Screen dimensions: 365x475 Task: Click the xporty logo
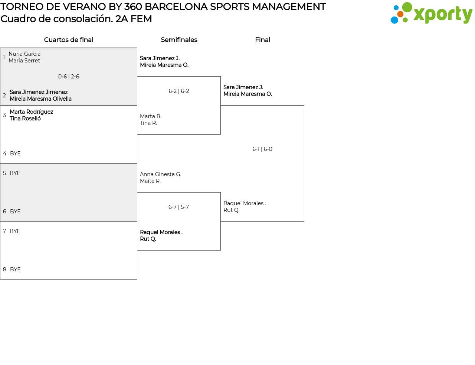click(x=431, y=13)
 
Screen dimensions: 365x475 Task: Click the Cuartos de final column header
click(x=69, y=40)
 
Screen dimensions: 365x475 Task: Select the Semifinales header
click(x=179, y=40)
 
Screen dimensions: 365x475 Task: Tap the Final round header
click(x=262, y=40)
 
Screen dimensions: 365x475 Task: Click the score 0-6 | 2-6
click(x=69, y=77)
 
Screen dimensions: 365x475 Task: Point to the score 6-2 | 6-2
click(x=179, y=91)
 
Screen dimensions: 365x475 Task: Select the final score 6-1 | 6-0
click(x=262, y=149)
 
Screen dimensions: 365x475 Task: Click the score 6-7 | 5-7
click(x=179, y=207)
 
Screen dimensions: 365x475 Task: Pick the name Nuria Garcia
click(x=24, y=54)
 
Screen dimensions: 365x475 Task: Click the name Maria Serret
click(x=24, y=61)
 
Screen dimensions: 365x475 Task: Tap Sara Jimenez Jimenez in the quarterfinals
click(x=39, y=92)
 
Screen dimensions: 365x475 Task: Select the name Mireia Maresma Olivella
click(x=40, y=99)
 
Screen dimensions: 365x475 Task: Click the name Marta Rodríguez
click(x=31, y=112)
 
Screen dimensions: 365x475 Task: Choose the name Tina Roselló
click(x=25, y=119)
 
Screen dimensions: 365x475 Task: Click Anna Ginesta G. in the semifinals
click(x=160, y=174)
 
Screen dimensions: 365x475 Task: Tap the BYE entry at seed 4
click(x=15, y=154)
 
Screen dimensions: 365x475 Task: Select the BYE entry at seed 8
click(x=15, y=269)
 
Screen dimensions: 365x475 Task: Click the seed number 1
click(x=4, y=57)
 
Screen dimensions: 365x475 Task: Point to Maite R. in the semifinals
click(x=150, y=181)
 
